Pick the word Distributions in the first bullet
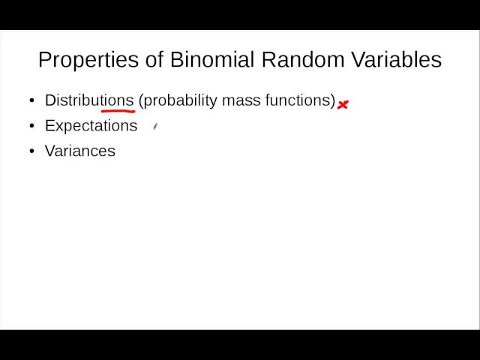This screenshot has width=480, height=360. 88,100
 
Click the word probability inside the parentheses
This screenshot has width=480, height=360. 180,100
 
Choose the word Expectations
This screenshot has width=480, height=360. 91,126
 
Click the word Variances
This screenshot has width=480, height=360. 79,151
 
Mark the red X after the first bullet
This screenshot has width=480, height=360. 343,105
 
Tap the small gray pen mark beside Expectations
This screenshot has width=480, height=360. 154,127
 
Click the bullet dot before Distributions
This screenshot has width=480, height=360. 31,100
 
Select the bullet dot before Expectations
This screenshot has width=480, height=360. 31,126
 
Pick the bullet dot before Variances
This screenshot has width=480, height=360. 31,151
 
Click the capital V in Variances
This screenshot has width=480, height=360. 49,151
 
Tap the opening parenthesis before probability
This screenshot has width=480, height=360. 140,100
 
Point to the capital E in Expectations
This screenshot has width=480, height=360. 49,126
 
